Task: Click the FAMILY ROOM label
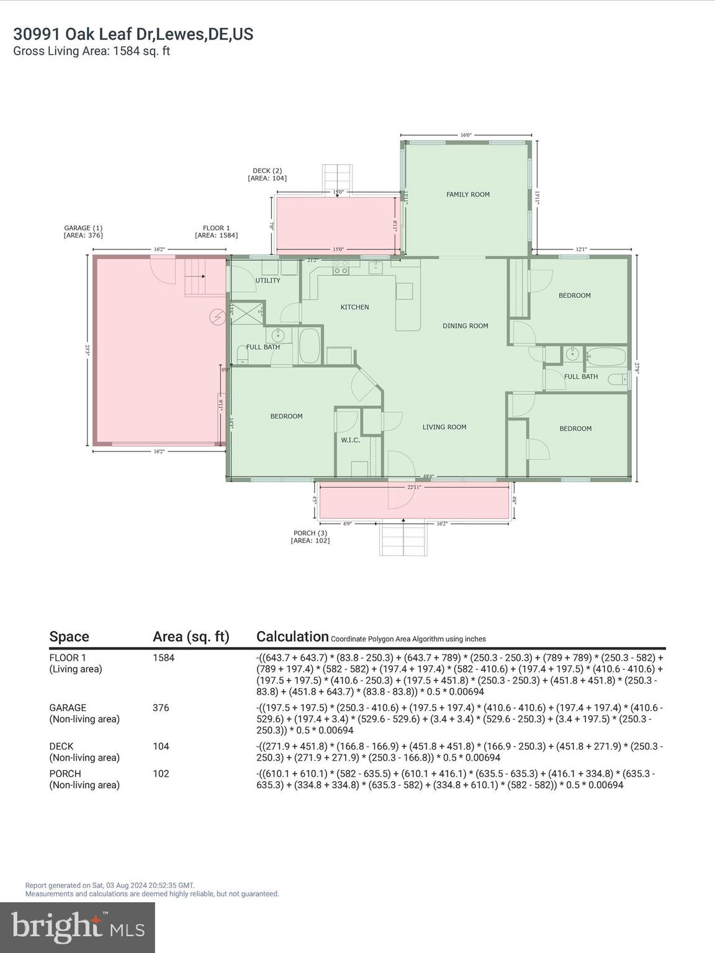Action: click(468, 194)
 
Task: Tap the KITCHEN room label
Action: click(354, 307)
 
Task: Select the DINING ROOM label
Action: click(465, 326)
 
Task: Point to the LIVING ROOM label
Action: click(444, 427)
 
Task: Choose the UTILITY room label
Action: click(268, 280)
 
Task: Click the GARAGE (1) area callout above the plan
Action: click(83, 231)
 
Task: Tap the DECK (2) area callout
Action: click(267, 174)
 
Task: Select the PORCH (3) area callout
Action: click(310, 537)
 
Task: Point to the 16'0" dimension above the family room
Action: click(466, 135)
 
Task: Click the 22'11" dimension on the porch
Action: click(414, 487)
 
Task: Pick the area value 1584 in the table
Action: click(164, 658)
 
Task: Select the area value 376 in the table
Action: click(161, 707)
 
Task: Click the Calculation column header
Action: click(292, 637)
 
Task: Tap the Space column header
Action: click(69, 637)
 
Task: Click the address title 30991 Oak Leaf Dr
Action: click(133, 34)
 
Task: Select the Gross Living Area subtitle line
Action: click(92, 51)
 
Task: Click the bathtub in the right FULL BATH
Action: click(606, 357)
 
